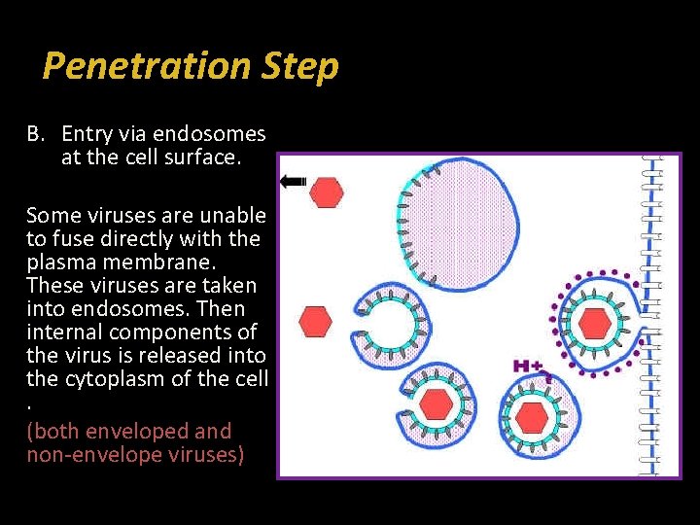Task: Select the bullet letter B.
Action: point(35,133)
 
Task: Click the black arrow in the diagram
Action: point(293,181)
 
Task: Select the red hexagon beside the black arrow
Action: point(327,192)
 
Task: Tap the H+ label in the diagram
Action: point(530,367)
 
